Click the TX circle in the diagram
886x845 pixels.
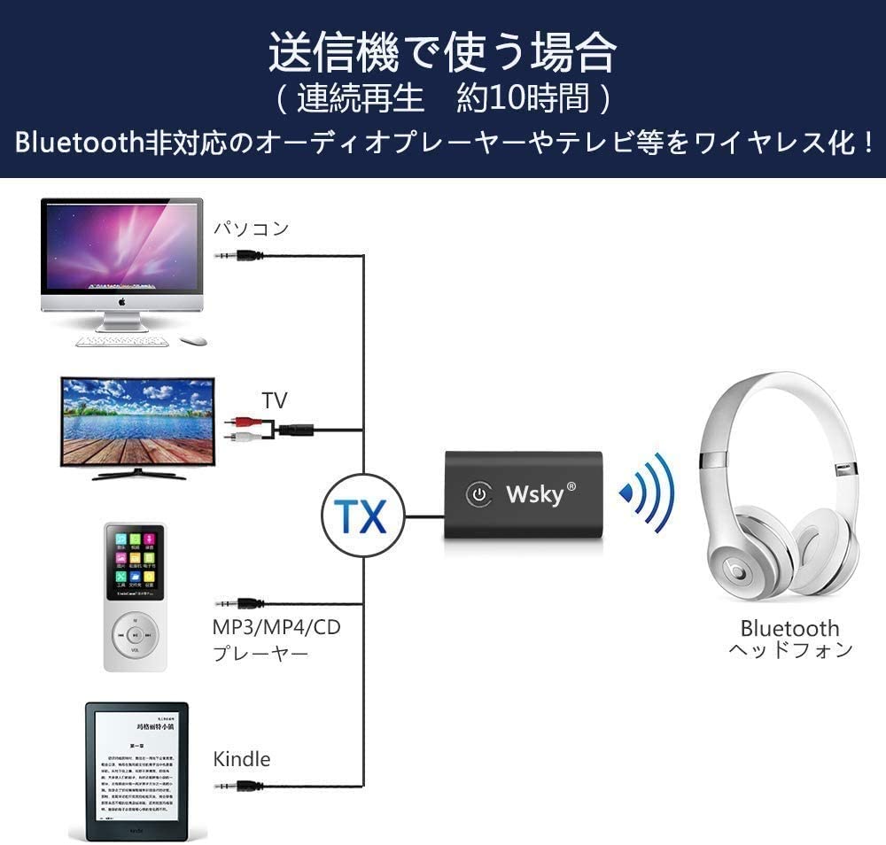click(362, 515)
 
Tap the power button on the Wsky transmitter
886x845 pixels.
click(479, 494)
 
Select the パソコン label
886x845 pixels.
click(251, 229)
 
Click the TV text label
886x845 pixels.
click(275, 400)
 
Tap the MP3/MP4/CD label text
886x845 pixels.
click(276, 628)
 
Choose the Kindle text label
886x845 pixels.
click(242, 759)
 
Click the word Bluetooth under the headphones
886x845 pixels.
click(789, 628)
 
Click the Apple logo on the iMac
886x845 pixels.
click(121, 301)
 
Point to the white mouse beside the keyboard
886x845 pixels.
click(193, 340)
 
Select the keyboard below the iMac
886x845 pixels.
click(123, 340)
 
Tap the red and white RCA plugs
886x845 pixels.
click(240, 430)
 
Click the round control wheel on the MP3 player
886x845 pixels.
click(135, 634)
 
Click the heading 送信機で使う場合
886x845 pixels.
click(442, 52)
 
